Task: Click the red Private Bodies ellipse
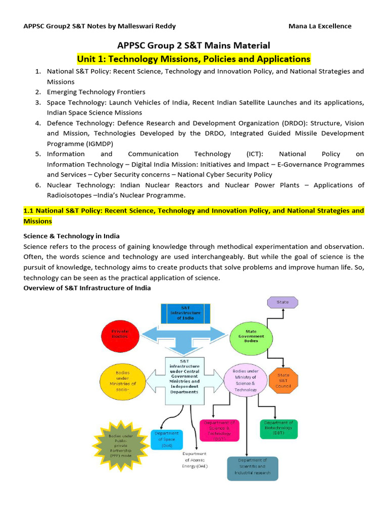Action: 120,333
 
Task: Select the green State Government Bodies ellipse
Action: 251,336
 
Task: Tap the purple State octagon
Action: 283,302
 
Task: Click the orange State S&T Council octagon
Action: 283,379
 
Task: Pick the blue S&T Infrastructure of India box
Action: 184,313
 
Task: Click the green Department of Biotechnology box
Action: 278,429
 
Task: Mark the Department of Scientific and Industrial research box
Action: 252,468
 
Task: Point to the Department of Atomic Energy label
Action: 195,460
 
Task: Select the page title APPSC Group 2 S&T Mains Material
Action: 194,45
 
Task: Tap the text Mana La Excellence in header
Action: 320,26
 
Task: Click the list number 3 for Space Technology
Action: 38,102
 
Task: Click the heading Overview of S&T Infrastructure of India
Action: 87,288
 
